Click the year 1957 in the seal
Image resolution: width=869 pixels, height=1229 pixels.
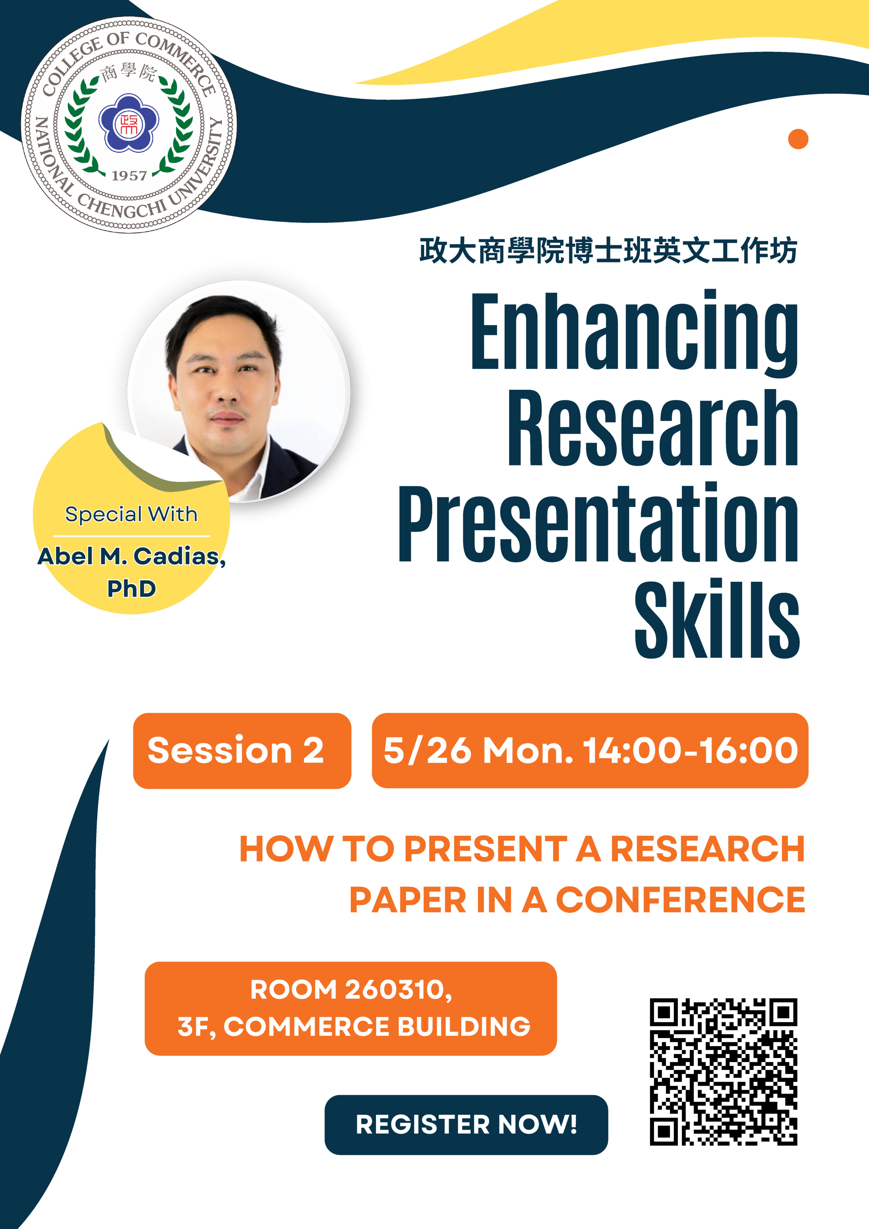[x=129, y=176]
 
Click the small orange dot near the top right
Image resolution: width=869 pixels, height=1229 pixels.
[x=798, y=139]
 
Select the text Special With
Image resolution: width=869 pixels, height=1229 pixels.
[x=131, y=514]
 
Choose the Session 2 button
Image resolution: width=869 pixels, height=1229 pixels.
[x=242, y=750]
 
